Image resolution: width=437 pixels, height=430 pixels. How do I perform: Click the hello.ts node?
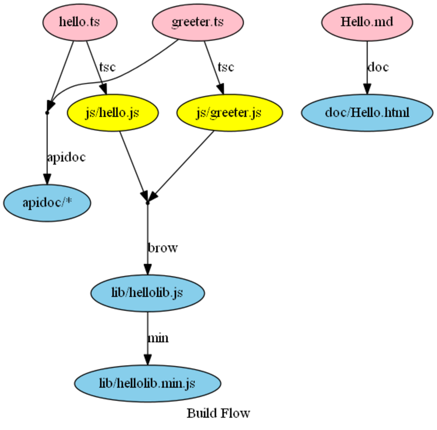[x=80, y=22]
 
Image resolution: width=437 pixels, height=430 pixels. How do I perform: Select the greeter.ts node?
[x=198, y=22]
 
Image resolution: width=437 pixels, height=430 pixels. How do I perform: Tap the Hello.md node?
[x=367, y=22]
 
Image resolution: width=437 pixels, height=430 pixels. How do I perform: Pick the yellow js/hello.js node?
[x=113, y=113]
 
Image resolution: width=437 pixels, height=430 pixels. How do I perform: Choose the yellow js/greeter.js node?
[x=229, y=113]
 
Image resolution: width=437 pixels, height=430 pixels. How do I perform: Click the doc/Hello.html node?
[x=367, y=113]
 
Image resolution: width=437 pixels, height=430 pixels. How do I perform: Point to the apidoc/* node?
[x=47, y=203]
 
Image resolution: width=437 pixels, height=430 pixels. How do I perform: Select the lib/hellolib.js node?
[x=147, y=293]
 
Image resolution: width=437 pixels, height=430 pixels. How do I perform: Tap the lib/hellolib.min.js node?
[x=147, y=383]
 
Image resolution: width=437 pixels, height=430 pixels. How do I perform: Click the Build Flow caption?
[x=218, y=413]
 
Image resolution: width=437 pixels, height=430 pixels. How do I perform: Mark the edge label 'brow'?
[x=163, y=248]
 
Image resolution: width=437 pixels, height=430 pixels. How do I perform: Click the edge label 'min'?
[x=158, y=338]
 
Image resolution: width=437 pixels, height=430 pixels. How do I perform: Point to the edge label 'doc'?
[x=378, y=67]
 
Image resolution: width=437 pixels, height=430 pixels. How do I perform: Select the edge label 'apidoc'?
[x=66, y=157]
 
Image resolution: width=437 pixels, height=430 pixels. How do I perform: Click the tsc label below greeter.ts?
[x=226, y=67]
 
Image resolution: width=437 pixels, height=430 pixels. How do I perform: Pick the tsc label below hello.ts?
[x=107, y=67]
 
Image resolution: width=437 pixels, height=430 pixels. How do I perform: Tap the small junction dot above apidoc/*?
[x=47, y=113]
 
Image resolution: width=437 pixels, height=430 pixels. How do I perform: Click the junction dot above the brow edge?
[x=147, y=203]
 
